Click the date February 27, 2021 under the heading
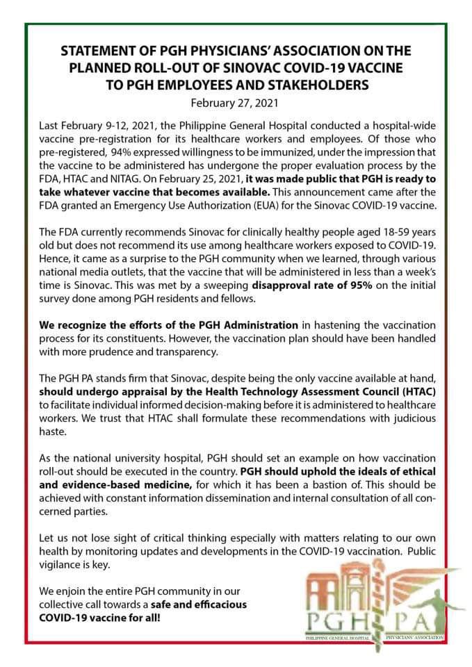pos(236,104)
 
